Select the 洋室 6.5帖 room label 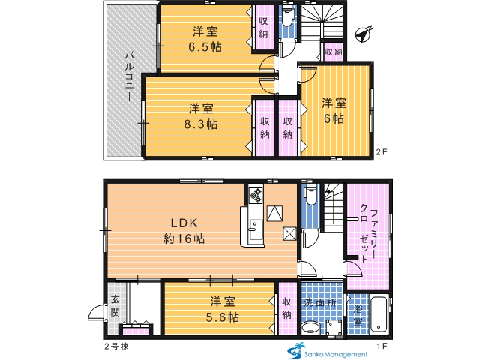tap(205, 39)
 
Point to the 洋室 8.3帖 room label tap(201, 116)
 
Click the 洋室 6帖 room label tap(334, 111)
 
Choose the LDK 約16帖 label tap(184, 231)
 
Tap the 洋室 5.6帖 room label tap(223, 310)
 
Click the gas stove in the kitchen tap(256, 195)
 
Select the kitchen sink tap(255, 229)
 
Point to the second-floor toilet tap(287, 16)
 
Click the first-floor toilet tap(310, 195)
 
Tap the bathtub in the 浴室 tap(379, 314)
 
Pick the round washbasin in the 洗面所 tap(311, 328)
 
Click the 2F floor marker tap(382, 152)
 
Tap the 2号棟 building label tap(116, 346)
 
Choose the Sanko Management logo tap(327, 351)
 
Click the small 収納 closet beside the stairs tap(333, 52)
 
